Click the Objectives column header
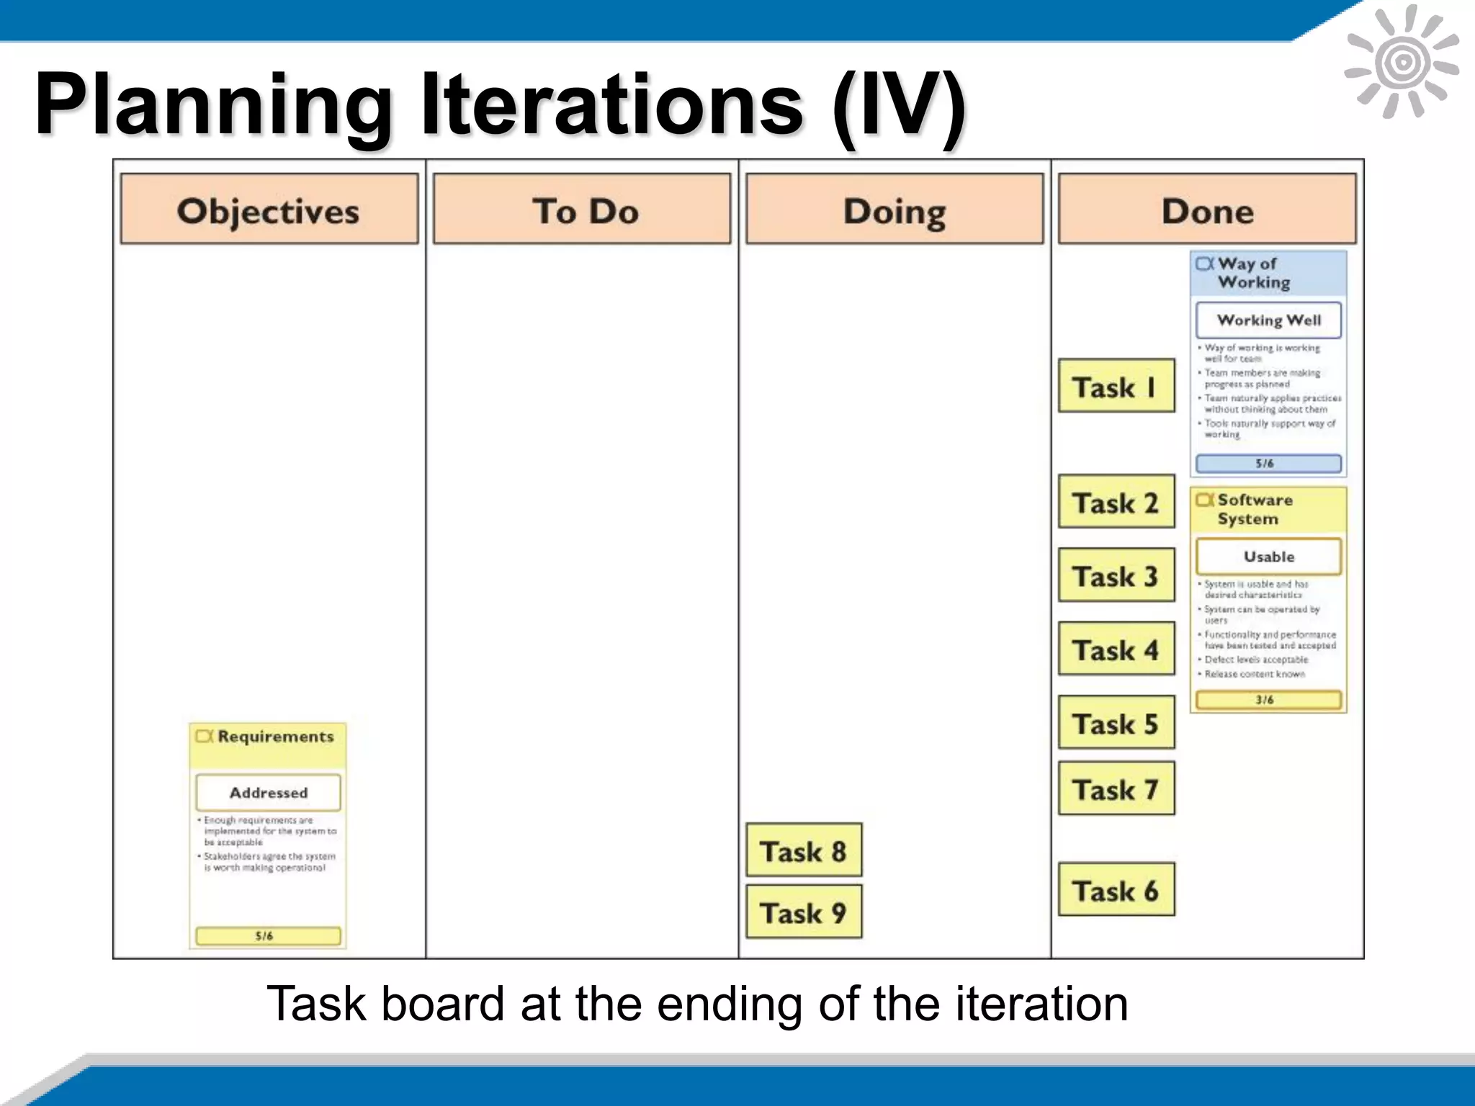[x=269, y=209]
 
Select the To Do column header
[x=582, y=209]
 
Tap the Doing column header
[x=895, y=209]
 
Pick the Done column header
[x=1207, y=209]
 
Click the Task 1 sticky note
[x=1116, y=386]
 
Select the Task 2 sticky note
[x=1116, y=502]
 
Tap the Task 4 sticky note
[x=1116, y=649]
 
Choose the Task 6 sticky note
[x=1116, y=890]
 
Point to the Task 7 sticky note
[x=1116, y=789]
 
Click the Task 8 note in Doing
[x=804, y=850]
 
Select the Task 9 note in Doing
[x=804, y=912]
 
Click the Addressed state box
[x=268, y=792]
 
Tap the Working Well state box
[x=1268, y=320]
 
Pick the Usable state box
[x=1268, y=557]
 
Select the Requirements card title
[x=275, y=737]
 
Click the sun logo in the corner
[x=1402, y=62]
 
